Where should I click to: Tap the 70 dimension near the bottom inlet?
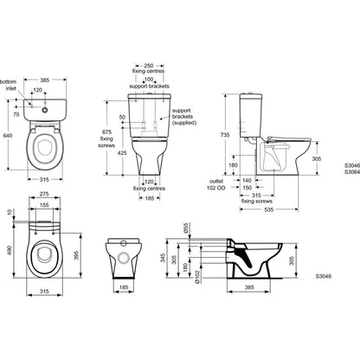coord(16,114)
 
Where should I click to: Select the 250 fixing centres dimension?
coord(149,66)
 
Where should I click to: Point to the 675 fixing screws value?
coord(106,132)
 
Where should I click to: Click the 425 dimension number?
coord(122,153)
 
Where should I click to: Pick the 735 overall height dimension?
coord(225,135)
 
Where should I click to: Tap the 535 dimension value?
coord(268,209)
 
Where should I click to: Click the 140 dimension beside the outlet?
coord(247,180)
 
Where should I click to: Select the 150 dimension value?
coord(247,188)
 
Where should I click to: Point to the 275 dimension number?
coord(44,194)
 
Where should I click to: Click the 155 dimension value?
coord(44,205)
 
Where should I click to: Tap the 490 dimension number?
coord(10,250)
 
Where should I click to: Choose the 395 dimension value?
coord(77,255)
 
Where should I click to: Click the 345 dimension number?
coord(163,258)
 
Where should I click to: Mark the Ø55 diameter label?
coord(186,228)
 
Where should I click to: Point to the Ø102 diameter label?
coord(197,277)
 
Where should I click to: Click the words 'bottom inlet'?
coord(9,85)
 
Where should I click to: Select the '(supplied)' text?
coord(184,123)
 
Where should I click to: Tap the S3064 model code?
coord(352,172)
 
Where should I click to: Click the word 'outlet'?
coord(216,182)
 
